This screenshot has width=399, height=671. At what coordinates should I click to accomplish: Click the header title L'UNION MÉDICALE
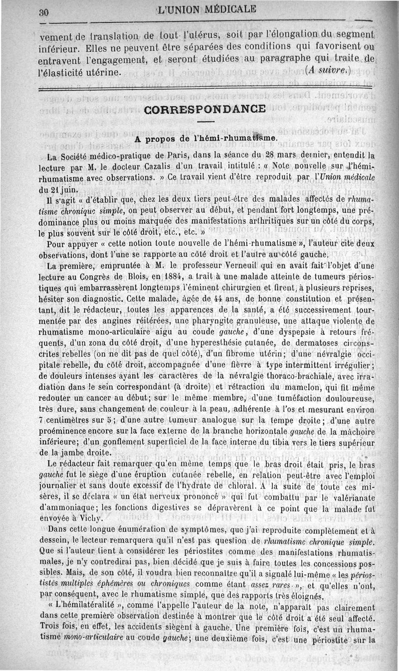pyautogui.click(x=206, y=9)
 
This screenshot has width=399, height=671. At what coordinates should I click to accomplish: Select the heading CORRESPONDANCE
pyautogui.click(x=204, y=109)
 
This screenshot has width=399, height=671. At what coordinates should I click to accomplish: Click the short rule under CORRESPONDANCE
pyautogui.click(x=204, y=122)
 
